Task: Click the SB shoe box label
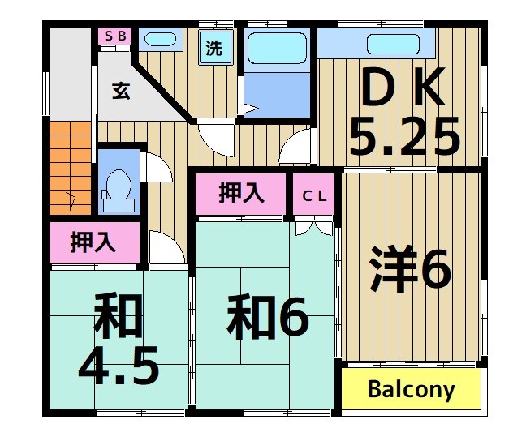click(x=114, y=36)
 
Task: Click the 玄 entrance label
click(x=120, y=90)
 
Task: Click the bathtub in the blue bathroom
click(x=275, y=49)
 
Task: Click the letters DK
click(x=403, y=90)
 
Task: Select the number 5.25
click(x=403, y=138)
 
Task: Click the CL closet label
click(x=314, y=195)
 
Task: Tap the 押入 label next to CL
click(x=241, y=193)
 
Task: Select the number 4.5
click(x=118, y=366)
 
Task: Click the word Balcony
click(x=411, y=390)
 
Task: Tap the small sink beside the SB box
click(x=159, y=38)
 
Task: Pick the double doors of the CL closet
click(x=314, y=227)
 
